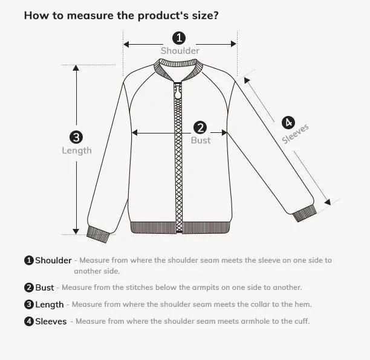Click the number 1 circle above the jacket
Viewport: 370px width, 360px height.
click(x=180, y=38)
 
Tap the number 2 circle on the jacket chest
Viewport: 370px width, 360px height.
click(x=200, y=127)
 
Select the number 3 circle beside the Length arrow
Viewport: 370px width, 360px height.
click(x=76, y=138)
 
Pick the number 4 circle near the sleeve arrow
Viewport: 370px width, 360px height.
click(x=288, y=121)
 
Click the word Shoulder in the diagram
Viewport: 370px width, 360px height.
click(x=180, y=51)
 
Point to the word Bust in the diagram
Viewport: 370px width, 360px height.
click(x=201, y=140)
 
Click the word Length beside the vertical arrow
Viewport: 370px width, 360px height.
click(x=77, y=150)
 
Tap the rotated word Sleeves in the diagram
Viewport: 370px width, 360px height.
click(x=296, y=133)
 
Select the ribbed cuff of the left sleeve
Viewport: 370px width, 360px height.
click(x=97, y=234)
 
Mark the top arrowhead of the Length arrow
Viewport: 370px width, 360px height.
click(x=76, y=68)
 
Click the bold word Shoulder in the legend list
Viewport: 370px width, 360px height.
click(x=53, y=261)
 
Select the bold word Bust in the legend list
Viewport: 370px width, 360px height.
click(x=45, y=288)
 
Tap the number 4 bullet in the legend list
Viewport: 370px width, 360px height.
click(x=28, y=321)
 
